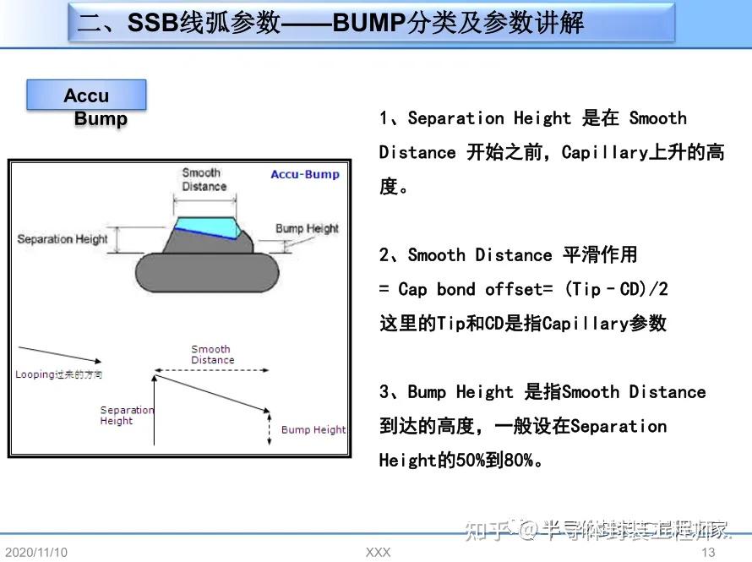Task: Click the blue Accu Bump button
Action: (86, 95)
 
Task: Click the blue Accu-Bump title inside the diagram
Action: (304, 175)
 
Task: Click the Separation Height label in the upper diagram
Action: (63, 239)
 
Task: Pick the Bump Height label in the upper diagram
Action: (307, 228)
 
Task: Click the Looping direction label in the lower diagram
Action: (58, 374)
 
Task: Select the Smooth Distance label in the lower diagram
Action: (211, 354)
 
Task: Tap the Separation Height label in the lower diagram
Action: (127, 415)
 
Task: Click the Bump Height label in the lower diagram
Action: (313, 429)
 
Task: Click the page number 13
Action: (708, 552)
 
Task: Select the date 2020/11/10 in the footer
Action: (35, 552)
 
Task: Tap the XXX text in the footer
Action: (378, 552)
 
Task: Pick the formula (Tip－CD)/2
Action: (618, 289)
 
